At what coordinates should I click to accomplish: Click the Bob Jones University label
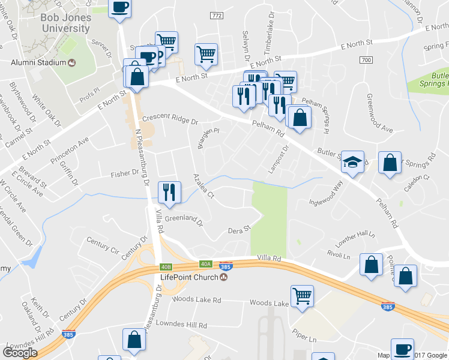[x=66, y=23]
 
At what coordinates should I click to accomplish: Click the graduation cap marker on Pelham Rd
[x=353, y=161]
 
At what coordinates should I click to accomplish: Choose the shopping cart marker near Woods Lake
[x=301, y=295]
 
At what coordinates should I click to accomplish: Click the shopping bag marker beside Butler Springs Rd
[x=390, y=163]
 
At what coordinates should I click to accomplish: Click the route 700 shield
[x=366, y=60]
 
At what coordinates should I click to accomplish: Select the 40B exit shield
[x=166, y=266]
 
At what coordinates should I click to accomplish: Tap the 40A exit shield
[x=206, y=264]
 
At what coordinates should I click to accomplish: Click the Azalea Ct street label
[x=203, y=186]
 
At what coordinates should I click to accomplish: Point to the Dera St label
[x=238, y=230]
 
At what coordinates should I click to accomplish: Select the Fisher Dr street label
[x=124, y=175]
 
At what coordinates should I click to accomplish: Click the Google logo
[x=20, y=353]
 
